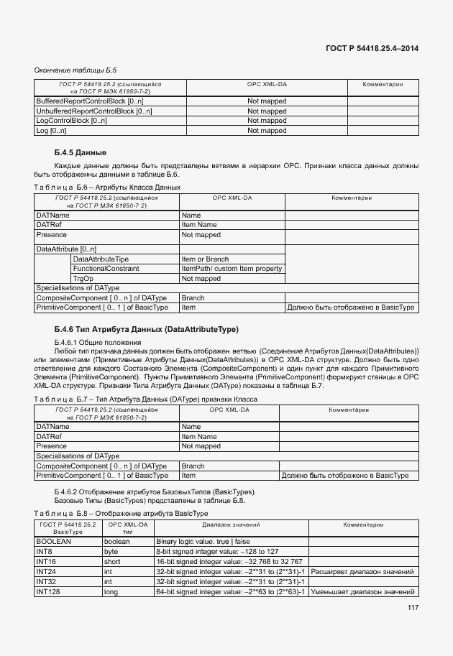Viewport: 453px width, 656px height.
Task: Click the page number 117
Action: pyautogui.click(x=413, y=608)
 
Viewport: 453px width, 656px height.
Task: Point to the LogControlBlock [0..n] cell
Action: pyautogui.click(x=71, y=121)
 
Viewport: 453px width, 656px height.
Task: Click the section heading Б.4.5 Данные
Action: pyautogui.click(x=81, y=152)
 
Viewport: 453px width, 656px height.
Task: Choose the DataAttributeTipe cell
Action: pyautogui.click(x=101, y=259)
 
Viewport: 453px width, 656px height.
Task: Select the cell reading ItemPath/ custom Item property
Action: pyautogui.click(x=232, y=269)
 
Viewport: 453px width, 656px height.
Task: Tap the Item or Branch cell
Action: pyautogui.click(x=205, y=259)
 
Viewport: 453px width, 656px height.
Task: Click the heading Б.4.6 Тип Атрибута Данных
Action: pyautogui.click(x=146, y=329)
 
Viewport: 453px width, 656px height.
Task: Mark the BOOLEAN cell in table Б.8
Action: pyautogui.click(x=52, y=541)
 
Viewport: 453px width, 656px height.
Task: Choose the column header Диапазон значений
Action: pyautogui.click(x=231, y=525)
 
